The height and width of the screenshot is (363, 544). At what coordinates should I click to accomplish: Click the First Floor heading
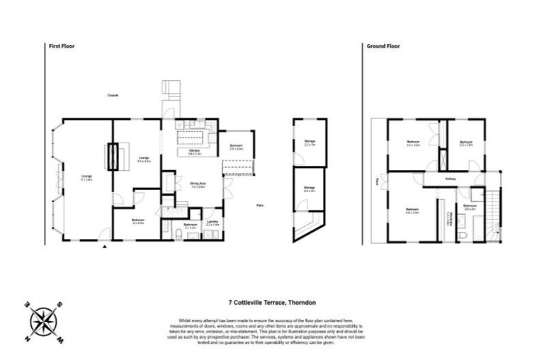[x=62, y=45]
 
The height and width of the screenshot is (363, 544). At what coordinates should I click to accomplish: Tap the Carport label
[x=113, y=95]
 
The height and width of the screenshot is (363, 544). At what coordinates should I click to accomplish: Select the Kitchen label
[x=194, y=151]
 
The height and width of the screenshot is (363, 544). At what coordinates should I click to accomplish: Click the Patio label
[x=261, y=206]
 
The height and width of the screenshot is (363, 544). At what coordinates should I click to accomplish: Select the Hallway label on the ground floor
[x=450, y=178]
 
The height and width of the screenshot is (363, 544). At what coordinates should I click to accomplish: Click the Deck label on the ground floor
[x=378, y=181]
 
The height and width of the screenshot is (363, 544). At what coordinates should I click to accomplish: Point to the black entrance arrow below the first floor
[x=106, y=247]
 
